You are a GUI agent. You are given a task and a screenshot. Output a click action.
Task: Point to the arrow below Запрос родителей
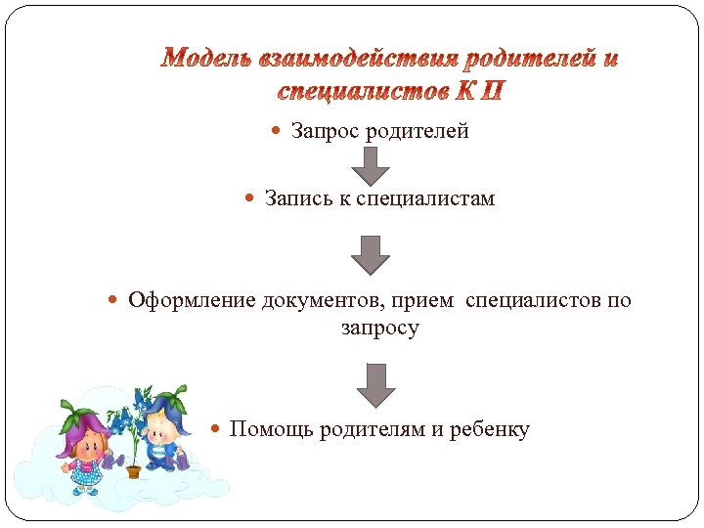tap(370, 165)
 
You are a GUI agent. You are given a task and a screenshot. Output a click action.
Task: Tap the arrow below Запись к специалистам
tap(370, 254)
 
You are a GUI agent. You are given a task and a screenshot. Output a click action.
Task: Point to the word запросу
tap(379, 328)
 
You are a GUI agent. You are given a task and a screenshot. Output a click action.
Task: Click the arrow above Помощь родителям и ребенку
tap(374, 384)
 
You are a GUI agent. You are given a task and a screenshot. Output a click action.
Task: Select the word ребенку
tap(489, 429)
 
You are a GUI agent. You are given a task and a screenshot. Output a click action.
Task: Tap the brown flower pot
tap(133, 470)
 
